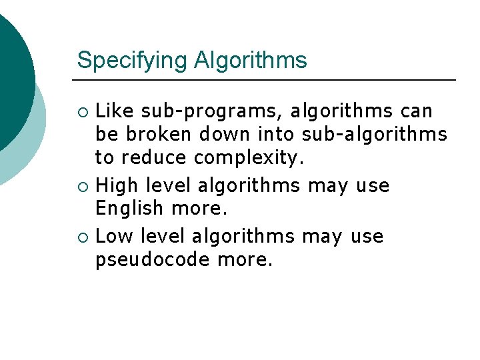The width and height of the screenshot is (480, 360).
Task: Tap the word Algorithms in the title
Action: point(251,61)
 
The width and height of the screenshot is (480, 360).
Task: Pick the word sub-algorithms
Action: point(375,135)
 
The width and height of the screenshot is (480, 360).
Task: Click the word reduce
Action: point(155,159)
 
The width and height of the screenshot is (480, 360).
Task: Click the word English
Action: point(129,209)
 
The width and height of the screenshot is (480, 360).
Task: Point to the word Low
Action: point(114,236)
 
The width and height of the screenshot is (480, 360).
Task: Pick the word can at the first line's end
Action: point(417,111)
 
